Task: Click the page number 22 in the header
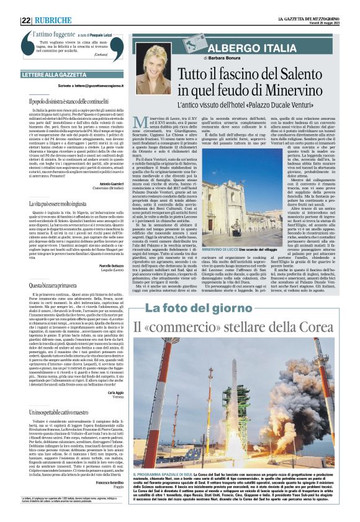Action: pos(26,20)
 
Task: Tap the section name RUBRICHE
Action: pos(53,20)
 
